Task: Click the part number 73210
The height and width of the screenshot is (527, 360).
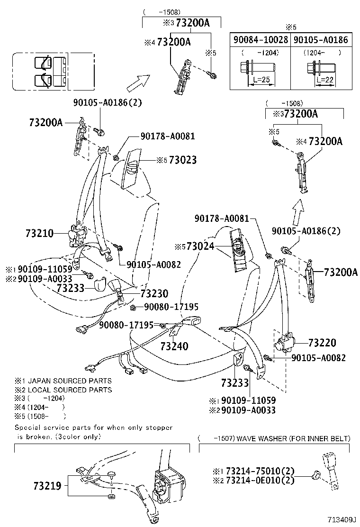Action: click(x=40, y=234)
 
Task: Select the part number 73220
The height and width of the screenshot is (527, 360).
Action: click(x=322, y=343)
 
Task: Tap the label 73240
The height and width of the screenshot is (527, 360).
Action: click(x=174, y=346)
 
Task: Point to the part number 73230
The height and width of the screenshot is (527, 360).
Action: click(x=154, y=293)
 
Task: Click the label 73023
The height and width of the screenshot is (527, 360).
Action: click(x=182, y=160)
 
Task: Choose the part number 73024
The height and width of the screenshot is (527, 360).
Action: click(x=200, y=246)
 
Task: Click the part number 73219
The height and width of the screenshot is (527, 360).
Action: click(x=48, y=486)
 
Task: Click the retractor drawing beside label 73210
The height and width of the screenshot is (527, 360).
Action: click(x=76, y=235)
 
